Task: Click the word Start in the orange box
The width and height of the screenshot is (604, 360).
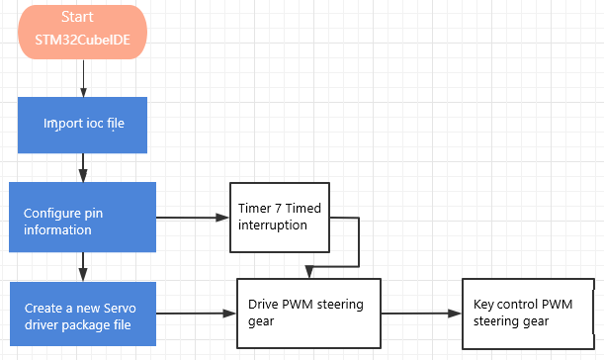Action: pos(77,17)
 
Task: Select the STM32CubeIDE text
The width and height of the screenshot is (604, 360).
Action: pos(82,40)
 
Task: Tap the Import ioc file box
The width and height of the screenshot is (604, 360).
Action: pos(82,126)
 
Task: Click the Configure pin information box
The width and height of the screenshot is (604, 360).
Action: pos(82,217)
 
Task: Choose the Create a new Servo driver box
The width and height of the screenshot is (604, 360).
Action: pos(83,314)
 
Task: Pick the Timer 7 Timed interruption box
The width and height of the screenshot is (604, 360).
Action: pos(280,218)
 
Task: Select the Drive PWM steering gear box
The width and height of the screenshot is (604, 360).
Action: pos(308,314)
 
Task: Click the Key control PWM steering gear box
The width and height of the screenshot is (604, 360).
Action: pos(528,314)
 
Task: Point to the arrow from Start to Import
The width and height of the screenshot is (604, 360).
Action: pos(83,78)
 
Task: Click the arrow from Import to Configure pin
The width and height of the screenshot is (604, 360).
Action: pos(83,168)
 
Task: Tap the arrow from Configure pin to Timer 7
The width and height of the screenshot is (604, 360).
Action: pos(193,218)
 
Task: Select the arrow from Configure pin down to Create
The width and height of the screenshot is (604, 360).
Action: pos(83,267)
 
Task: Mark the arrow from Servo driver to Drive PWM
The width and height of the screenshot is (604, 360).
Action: pos(196,314)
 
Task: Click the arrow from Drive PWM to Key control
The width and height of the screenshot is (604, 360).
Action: pos(421,314)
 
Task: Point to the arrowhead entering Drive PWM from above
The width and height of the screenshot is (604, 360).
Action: pos(309,272)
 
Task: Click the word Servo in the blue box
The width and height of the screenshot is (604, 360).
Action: pos(120,309)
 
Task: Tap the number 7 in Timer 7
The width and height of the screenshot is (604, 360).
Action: pos(278,208)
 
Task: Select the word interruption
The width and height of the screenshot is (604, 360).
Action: pos(272,225)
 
